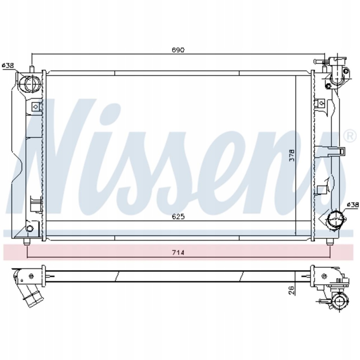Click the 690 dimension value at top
point(178,50)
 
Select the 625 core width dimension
point(178,217)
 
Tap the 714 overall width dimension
point(178,252)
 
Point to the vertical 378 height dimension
point(291,155)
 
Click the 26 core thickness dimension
point(291,290)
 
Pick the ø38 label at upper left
point(8,65)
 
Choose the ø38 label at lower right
point(352,205)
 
